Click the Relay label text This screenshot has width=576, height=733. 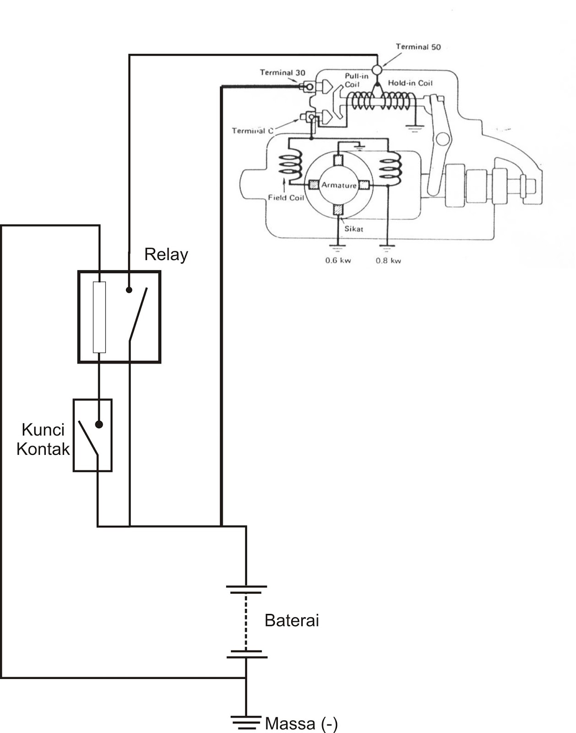[x=166, y=255]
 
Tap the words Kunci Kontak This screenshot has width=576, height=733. [x=43, y=439]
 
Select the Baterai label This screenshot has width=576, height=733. [x=292, y=620]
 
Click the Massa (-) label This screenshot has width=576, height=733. [x=301, y=723]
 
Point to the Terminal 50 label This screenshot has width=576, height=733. [x=418, y=47]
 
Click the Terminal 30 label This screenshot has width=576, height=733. [x=283, y=72]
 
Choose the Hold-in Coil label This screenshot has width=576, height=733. [x=410, y=83]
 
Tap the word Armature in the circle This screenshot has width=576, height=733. [x=339, y=185]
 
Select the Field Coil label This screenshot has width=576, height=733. [x=286, y=197]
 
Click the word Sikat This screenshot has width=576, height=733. [x=353, y=229]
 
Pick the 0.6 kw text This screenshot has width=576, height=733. [x=338, y=261]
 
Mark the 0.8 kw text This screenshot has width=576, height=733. [x=388, y=261]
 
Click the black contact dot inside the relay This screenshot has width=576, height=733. [x=129, y=290]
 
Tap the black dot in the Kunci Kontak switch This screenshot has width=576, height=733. [x=99, y=424]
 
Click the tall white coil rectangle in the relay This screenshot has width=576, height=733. [x=99, y=317]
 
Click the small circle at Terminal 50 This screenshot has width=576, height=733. [x=377, y=70]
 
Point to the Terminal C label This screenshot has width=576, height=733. [x=252, y=131]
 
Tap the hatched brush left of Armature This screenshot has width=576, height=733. [x=314, y=185]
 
